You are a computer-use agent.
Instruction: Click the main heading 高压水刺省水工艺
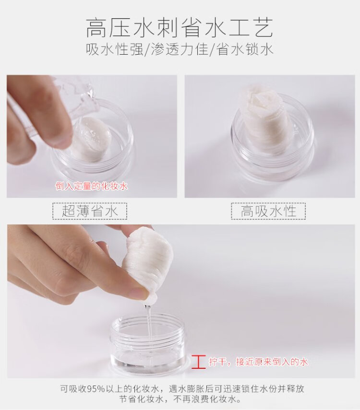coord(180,27)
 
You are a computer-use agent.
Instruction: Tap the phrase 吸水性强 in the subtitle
coord(114,49)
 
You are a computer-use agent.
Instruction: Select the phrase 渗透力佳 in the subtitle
coord(180,49)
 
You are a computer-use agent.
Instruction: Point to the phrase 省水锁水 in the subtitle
coord(245,49)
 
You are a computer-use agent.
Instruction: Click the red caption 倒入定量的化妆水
coord(92,186)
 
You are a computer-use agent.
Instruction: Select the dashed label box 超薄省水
coord(90,211)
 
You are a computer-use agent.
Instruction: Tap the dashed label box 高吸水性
coord(268,211)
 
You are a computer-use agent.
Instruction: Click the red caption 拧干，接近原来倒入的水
coord(258,362)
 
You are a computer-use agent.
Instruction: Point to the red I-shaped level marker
coord(198,362)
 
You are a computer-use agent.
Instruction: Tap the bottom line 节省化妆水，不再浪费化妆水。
coord(180,399)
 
